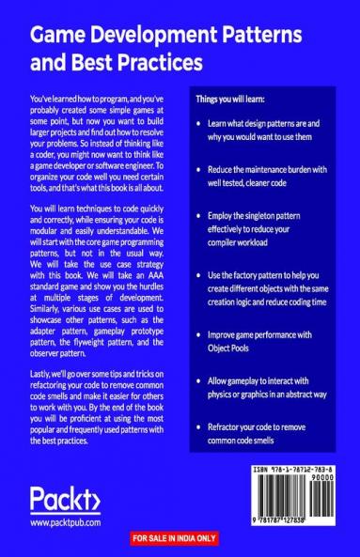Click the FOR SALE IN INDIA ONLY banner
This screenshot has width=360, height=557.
point(180,538)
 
